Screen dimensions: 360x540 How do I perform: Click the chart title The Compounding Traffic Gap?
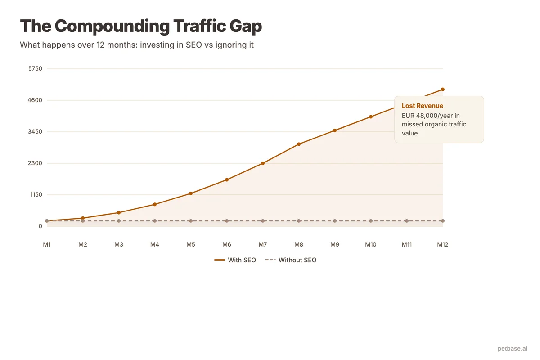click(141, 27)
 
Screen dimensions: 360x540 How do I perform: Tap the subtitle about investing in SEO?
click(137, 45)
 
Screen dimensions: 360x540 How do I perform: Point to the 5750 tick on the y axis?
click(35, 69)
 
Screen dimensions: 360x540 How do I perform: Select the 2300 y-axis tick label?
click(35, 163)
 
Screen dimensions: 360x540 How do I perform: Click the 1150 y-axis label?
click(35, 195)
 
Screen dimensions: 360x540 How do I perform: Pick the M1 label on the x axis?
click(47, 245)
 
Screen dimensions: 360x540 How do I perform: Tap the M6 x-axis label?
click(227, 245)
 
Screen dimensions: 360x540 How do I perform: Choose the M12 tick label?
click(443, 245)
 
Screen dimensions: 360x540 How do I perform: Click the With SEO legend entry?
click(235, 260)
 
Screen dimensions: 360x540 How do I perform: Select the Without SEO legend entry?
click(291, 260)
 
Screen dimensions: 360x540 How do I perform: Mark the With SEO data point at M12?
click(443, 90)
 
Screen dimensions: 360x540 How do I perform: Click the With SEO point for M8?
click(299, 144)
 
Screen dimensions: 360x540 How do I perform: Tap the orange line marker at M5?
click(191, 193)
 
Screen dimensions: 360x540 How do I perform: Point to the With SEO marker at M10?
click(371, 117)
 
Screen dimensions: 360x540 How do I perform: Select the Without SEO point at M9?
click(335, 221)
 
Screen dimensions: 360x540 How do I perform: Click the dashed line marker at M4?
click(155, 221)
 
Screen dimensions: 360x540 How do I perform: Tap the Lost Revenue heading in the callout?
click(423, 106)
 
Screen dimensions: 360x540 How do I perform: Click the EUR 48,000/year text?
click(431, 116)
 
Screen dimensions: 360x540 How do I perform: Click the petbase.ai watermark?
click(513, 348)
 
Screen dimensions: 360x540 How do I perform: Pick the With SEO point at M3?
click(119, 212)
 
